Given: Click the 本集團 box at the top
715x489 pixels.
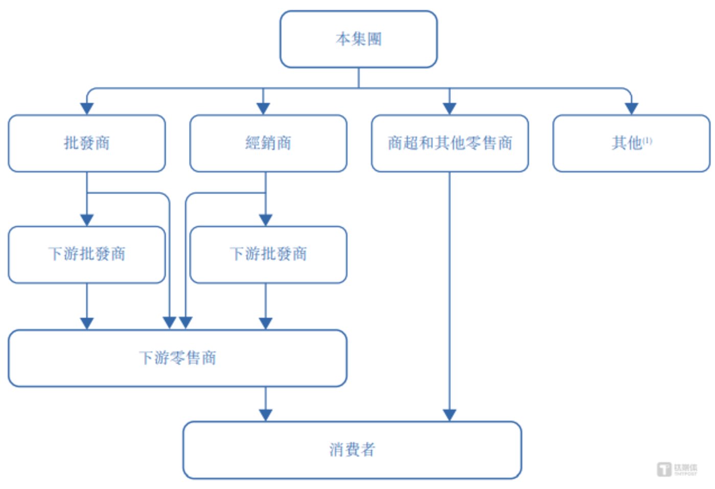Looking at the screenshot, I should click(358, 39).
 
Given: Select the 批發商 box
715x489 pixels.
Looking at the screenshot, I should click(86, 143).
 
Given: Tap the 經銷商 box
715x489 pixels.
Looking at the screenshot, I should click(268, 143).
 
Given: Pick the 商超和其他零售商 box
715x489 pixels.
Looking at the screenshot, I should click(449, 143).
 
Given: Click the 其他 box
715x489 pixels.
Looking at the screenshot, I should click(631, 143).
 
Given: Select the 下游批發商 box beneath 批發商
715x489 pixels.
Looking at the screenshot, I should click(86, 254).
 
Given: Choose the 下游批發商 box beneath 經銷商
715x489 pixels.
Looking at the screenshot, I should click(268, 254).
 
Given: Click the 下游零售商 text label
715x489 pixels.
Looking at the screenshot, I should click(177, 358).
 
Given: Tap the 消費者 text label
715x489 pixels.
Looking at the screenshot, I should click(352, 450).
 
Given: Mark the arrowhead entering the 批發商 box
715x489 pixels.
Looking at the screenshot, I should click(87, 108).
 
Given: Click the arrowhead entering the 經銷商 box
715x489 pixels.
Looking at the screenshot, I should click(263, 108).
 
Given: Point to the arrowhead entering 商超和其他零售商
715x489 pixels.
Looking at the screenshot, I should click(449, 108).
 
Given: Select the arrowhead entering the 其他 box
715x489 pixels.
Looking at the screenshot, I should click(632, 108).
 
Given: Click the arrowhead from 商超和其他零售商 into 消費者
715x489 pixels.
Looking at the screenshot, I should click(449, 415).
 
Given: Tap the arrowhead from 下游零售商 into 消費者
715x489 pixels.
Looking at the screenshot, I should click(265, 415).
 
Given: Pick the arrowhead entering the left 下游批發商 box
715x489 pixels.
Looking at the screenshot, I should click(87, 220).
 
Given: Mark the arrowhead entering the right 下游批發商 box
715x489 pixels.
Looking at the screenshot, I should click(265, 220).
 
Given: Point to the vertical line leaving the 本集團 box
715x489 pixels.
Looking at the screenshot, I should click(358, 78).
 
